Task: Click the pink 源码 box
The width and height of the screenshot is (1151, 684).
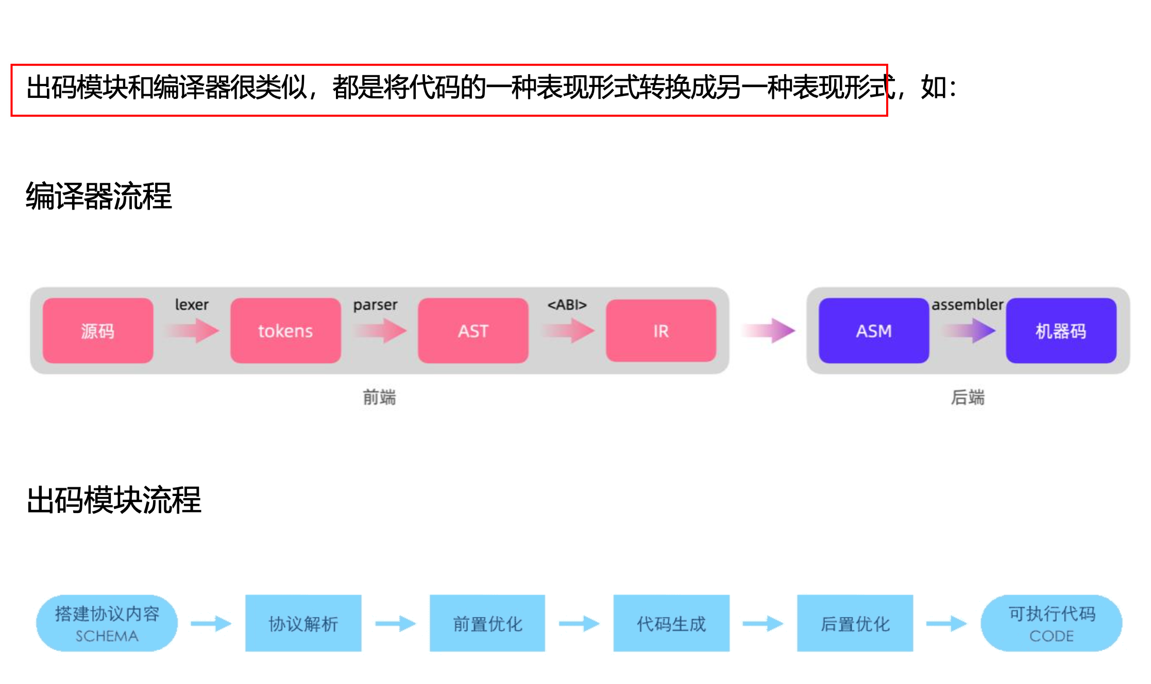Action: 98,331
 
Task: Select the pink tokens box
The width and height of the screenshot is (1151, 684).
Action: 285,331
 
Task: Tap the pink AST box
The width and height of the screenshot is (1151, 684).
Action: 473,331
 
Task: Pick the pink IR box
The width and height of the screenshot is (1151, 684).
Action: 661,331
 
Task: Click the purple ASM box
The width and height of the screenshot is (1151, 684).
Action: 874,331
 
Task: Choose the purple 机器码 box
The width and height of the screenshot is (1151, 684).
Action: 1061,331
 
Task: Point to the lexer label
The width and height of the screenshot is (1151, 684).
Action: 192,304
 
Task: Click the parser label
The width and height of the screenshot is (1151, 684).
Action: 375,305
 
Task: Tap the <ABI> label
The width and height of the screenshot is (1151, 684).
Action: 567,304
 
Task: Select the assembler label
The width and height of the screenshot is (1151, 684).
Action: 967,304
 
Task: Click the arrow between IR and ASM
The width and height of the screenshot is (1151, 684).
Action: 769,330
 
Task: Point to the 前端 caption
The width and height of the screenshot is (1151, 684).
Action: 379,397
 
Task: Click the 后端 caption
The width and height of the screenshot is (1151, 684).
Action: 968,397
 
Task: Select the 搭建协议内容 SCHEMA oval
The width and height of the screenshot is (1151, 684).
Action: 107,623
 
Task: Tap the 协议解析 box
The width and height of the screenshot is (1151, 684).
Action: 303,623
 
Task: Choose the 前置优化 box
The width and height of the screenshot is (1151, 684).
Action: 487,623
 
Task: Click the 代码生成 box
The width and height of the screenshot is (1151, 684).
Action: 671,623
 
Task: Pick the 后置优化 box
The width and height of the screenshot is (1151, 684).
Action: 855,623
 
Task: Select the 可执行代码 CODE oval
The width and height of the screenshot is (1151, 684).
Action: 1052,623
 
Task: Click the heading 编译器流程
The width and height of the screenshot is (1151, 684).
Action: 99,196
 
